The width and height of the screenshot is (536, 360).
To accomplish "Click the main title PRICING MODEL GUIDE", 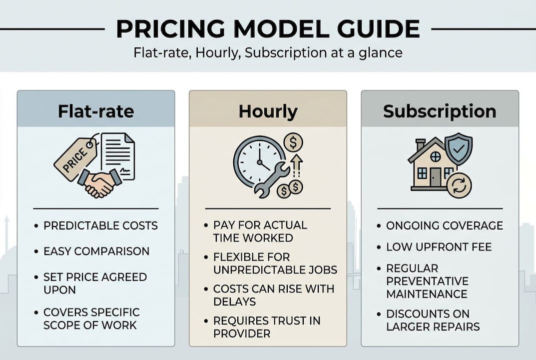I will tap(268, 29).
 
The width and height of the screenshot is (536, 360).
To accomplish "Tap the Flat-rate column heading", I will tap(96, 111).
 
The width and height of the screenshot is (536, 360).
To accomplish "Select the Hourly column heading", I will tap(268, 111).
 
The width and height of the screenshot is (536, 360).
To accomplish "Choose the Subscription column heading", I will tap(440, 111).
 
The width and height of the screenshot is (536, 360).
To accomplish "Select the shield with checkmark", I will tap(458, 148).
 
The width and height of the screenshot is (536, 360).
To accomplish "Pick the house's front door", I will tap(436, 176).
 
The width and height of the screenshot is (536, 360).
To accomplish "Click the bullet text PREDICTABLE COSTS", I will tap(100, 225).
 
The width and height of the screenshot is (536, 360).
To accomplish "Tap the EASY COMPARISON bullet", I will tap(96, 251).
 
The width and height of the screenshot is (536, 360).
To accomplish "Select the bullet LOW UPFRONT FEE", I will tap(439, 246).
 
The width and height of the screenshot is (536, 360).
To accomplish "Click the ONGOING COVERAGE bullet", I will tap(444, 225).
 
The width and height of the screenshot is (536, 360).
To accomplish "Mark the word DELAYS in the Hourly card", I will tap(234, 301).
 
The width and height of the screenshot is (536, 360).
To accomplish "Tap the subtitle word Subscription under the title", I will tap(276, 52).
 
